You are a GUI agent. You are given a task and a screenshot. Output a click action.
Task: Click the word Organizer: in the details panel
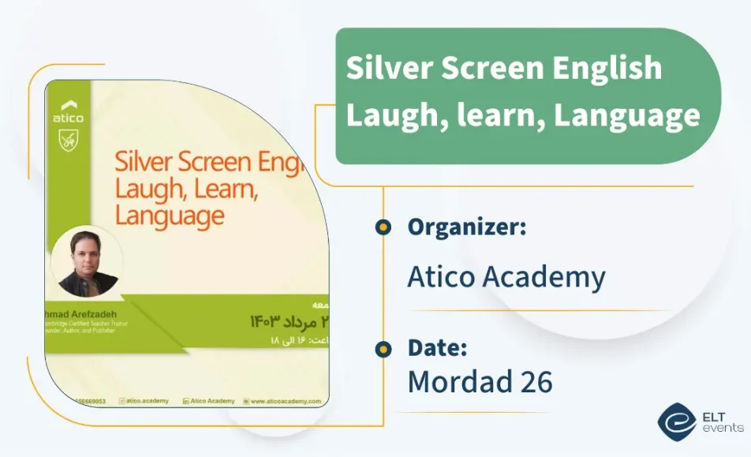click(x=466, y=227)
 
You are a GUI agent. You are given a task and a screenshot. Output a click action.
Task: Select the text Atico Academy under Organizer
click(x=506, y=277)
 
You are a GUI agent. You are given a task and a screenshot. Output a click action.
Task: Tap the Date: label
click(x=437, y=348)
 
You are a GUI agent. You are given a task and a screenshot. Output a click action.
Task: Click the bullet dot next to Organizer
click(x=383, y=228)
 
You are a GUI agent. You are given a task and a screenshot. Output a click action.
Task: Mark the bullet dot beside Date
click(x=383, y=349)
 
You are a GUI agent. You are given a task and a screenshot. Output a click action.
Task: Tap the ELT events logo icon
click(x=676, y=421)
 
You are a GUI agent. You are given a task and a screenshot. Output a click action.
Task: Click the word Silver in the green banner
click(x=388, y=68)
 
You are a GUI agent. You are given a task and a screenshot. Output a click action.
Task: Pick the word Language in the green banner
click(x=626, y=115)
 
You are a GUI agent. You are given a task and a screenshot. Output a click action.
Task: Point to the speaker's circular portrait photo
click(x=88, y=262)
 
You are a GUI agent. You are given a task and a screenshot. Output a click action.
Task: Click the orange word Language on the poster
click(x=170, y=215)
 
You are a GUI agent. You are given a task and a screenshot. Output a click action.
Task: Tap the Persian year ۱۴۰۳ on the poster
click(x=267, y=321)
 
